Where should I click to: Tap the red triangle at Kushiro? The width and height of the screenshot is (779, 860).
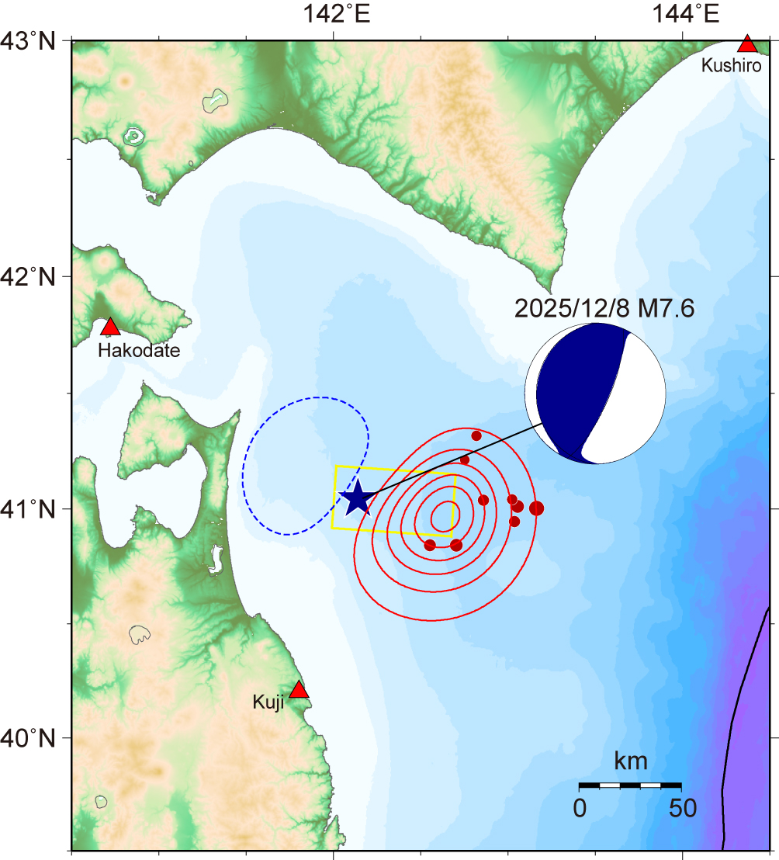coord(747,44)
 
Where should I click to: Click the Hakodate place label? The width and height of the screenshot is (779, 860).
coord(139,351)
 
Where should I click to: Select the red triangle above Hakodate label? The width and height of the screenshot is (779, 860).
coord(110,327)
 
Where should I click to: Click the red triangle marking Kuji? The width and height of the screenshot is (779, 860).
coord(299,690)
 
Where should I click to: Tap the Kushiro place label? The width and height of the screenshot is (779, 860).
coord(731,65)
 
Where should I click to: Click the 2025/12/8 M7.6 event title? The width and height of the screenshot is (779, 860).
coord(604,308)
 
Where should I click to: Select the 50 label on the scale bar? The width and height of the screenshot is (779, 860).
coord(683,809)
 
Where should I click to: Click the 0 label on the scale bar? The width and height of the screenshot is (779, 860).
coord(580,809)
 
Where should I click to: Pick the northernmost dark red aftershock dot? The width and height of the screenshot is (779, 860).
coord(476,435)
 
